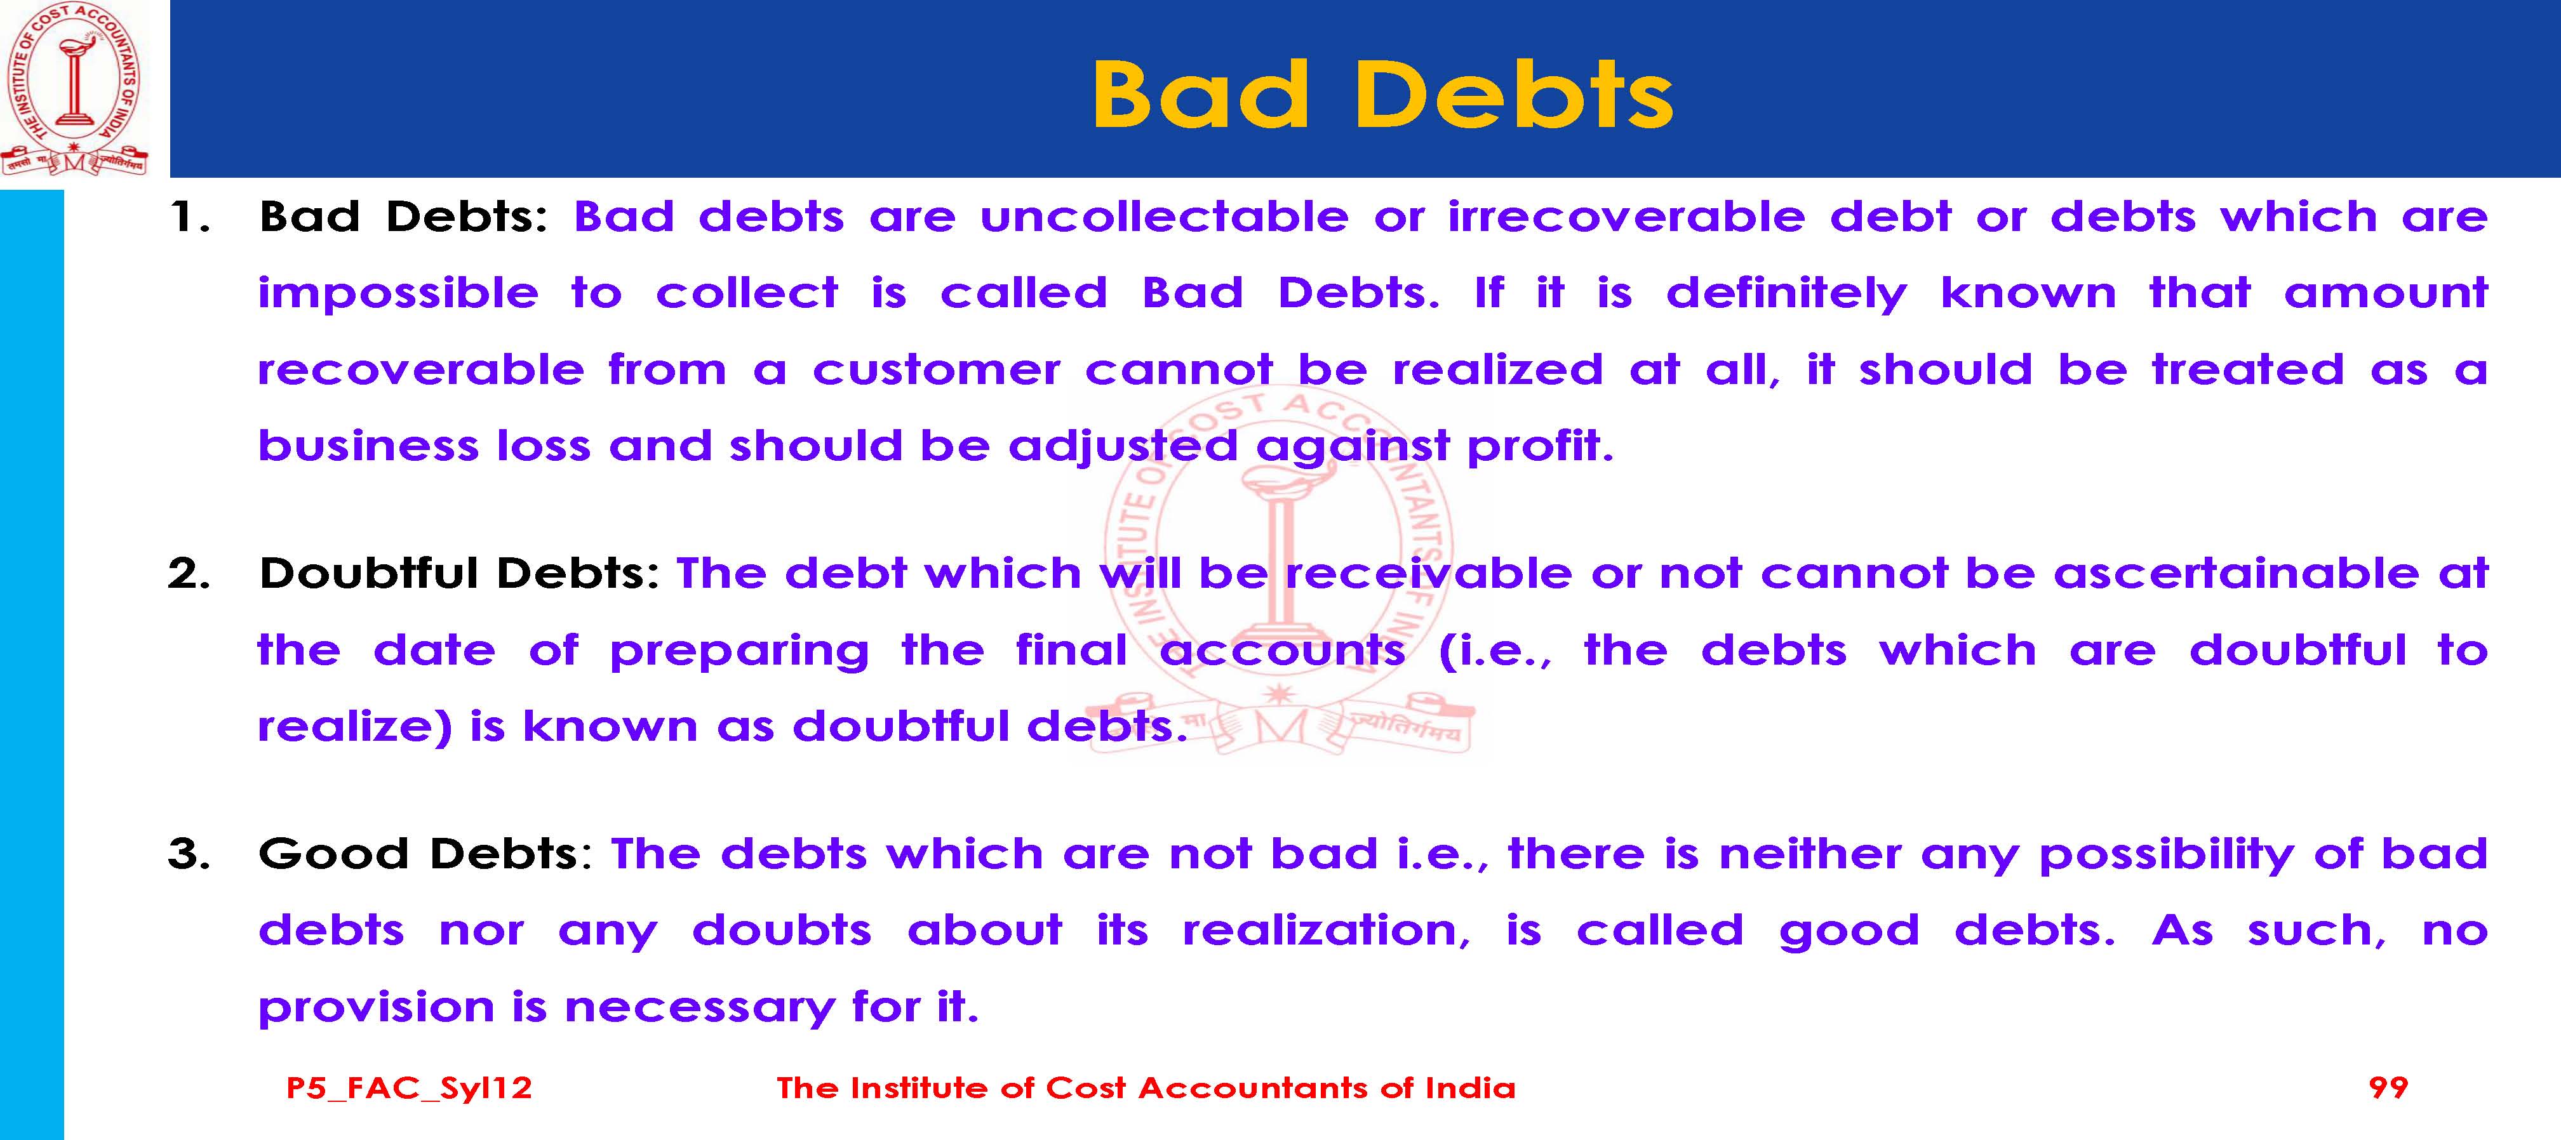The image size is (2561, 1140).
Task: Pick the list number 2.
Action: [189, 573]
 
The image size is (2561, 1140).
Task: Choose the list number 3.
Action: [189, 854]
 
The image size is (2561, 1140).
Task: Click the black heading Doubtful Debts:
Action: [459, 573]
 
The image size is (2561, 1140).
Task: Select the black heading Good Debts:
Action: [425, 854]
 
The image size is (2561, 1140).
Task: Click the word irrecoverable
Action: [1626, 216]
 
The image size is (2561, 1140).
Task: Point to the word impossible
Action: [398, 294]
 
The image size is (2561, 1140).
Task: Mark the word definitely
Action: [1786, 294]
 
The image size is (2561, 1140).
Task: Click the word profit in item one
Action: [1540, 446]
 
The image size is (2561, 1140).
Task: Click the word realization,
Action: [1327, 931]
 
